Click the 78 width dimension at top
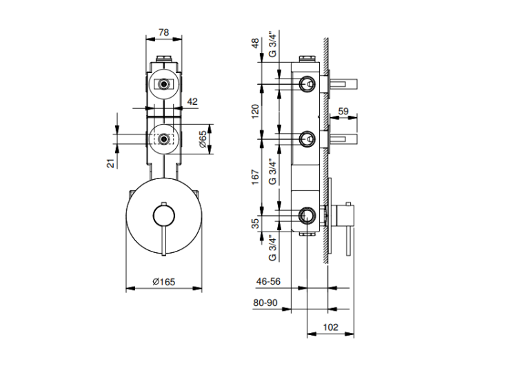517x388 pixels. (163, 32)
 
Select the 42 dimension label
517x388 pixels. (192, 101)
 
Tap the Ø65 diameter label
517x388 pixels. (203, 139)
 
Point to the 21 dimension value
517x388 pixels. (111, 163)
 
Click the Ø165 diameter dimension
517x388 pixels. (164, 282)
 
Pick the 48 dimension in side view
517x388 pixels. (255, 43)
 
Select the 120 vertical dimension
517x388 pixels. (255, 112)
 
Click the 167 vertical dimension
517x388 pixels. (255, 177)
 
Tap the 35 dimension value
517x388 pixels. (255, 224)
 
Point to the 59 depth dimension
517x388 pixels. (343, 111)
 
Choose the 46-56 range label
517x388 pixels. (268, 281)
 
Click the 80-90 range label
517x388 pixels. (265, 303)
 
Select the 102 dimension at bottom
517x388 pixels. (330, 327)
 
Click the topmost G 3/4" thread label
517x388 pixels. (273, 44)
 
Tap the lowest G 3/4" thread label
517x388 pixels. (273, 248)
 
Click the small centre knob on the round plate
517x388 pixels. (164, 216)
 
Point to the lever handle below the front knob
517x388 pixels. (164, 241)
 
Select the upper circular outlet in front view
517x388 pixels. (163, 83)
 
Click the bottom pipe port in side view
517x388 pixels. (307, 216)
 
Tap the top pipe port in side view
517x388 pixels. (307, 84)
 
